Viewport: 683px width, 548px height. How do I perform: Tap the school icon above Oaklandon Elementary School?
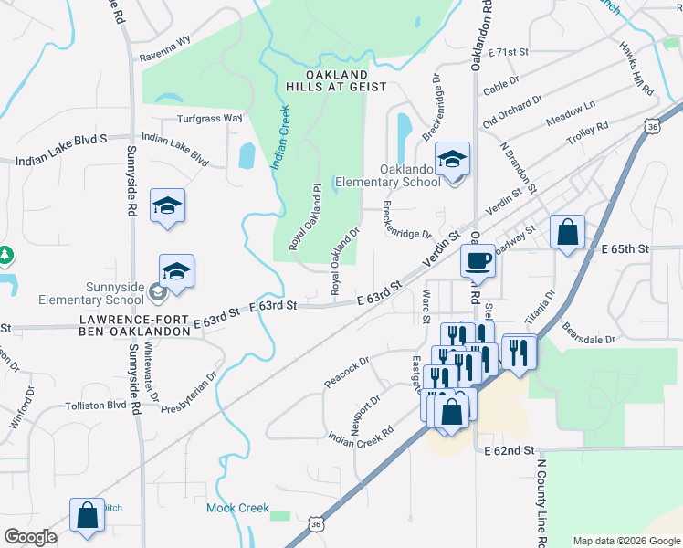(451, 160)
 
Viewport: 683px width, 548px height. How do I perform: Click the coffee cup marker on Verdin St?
(478, 262)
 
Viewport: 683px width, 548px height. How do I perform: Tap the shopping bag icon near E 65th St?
(567, 233)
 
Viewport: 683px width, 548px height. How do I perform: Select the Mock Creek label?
(237, 508)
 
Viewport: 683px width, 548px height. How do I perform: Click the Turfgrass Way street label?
(209, 118)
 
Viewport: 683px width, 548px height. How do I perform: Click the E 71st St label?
(509, 53)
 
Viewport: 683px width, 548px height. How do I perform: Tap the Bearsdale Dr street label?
(589, 332)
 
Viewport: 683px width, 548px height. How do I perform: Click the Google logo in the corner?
(30, 537)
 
